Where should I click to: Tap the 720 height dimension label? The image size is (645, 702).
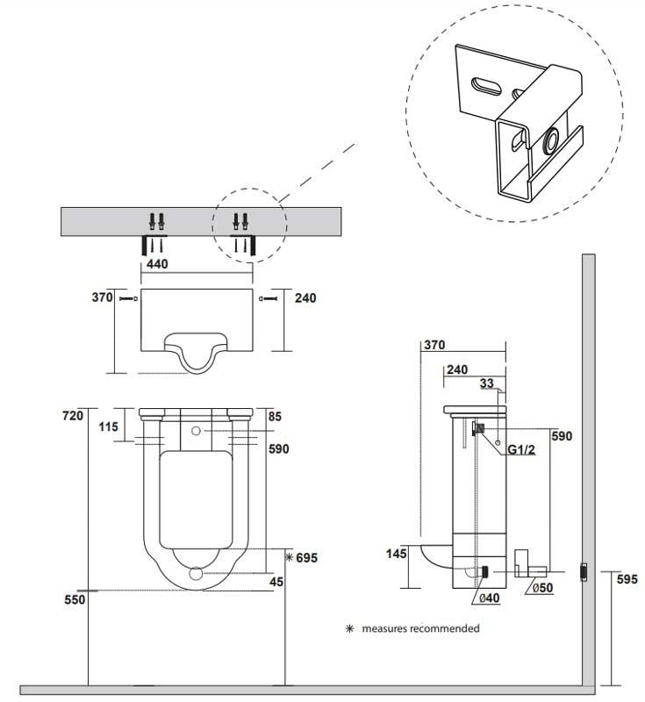(73, 414)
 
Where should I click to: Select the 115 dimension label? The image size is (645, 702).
(109, 427)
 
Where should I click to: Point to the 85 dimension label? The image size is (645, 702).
(276, 417)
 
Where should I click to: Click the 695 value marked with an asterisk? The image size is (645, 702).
(304, 558)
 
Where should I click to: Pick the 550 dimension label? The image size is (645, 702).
(73, 599)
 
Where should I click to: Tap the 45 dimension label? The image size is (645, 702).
(277, 580)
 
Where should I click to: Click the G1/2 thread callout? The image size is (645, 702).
(522, 450)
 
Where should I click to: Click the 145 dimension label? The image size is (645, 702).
(398, 553)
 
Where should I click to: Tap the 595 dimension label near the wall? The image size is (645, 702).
(627, 578)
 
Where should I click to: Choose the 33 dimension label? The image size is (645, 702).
(488, 383)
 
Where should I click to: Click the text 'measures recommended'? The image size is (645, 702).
(420, 628)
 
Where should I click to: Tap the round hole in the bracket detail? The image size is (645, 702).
(554, 141)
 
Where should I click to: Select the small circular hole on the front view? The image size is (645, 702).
(196, 432)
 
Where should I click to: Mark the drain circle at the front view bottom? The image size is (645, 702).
(197, 575)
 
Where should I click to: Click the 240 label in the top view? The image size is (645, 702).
(305, 298)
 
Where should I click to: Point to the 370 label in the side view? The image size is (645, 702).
(434, 346)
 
